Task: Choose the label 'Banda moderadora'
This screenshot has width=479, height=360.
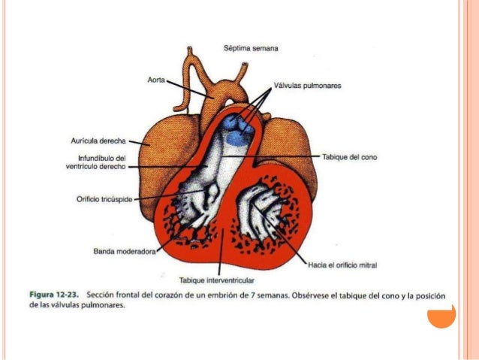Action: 123,252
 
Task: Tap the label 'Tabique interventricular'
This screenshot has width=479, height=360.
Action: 218,280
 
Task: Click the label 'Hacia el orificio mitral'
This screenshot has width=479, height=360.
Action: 342,265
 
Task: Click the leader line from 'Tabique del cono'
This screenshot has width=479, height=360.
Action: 293,156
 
